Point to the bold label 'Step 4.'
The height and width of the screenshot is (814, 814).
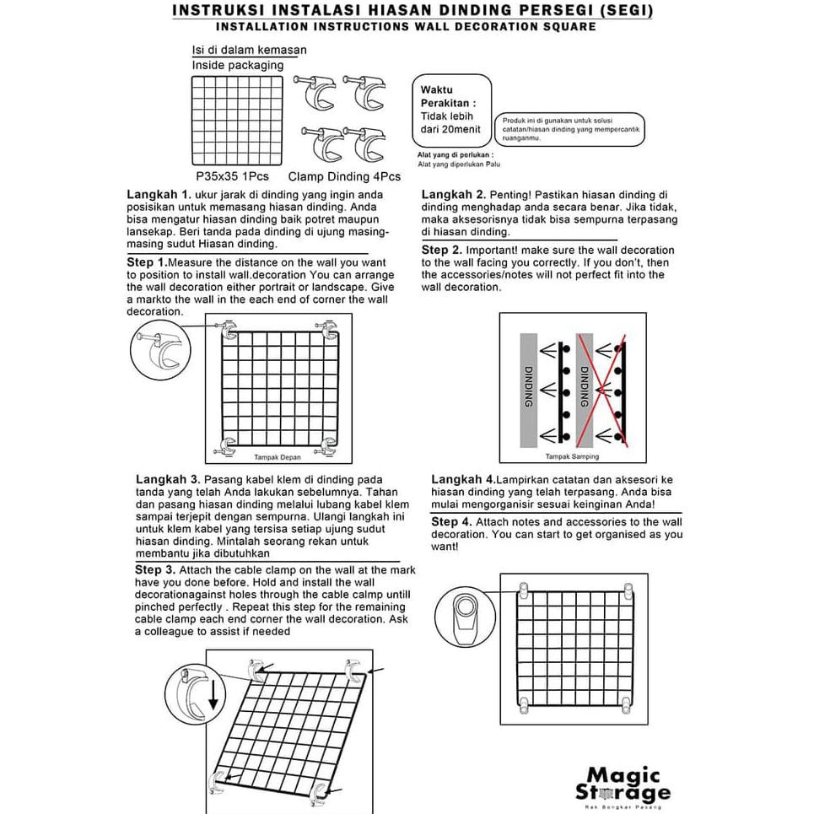click(456, 523)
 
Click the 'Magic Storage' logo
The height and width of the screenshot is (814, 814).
click(623, 784)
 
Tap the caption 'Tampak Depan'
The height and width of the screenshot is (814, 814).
click(278, 457)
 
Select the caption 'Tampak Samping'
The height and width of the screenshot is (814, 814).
click(572, 457)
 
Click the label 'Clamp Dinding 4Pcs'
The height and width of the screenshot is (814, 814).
click(344, 177)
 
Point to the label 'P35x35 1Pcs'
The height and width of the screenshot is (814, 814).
click(232, 177)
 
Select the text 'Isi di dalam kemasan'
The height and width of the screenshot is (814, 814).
click(249, 50)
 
